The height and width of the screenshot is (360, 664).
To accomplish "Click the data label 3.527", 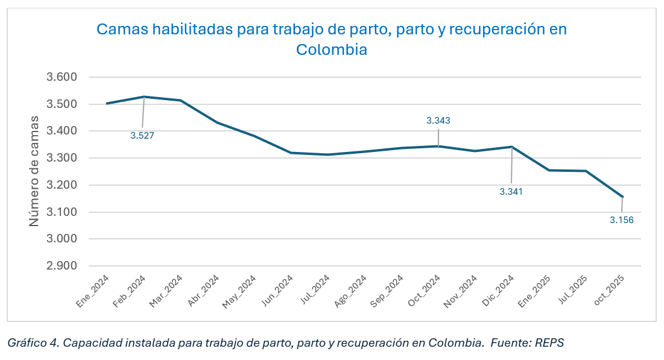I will point(142,136).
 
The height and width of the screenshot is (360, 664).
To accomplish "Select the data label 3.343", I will point(438,121).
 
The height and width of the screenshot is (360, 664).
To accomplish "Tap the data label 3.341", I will point(511,192).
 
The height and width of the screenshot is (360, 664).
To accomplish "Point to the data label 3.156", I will point(622,220).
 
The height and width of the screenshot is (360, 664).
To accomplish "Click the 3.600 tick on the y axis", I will point(63,77).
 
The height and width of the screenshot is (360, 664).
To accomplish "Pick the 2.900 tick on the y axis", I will point(63,266).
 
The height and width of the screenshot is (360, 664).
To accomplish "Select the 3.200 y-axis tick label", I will point(63,185).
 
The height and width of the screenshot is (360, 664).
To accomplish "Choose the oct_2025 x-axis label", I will point(609,292).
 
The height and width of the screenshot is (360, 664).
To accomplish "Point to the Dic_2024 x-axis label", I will point(499,292).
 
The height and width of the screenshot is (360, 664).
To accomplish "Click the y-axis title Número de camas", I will point(34,172).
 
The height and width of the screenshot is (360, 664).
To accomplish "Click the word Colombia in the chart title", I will point(332,49).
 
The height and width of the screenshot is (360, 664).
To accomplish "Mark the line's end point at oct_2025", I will point(622,197).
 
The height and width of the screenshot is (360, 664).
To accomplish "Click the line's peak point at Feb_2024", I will point(144,96).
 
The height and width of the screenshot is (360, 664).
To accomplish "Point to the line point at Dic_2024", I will point(512,147).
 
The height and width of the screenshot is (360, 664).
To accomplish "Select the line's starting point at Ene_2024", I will point(107,103).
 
